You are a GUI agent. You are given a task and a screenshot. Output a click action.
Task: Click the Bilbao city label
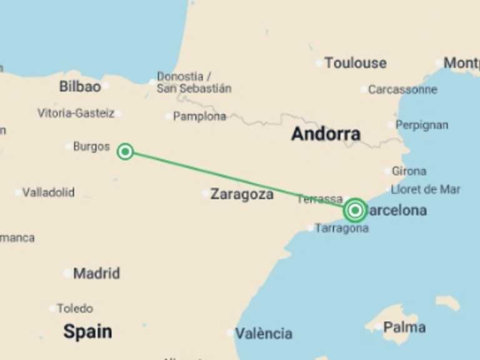[80, 87]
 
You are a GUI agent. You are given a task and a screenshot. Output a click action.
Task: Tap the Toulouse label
[355, 63]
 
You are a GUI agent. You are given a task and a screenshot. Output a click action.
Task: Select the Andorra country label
[326, 134]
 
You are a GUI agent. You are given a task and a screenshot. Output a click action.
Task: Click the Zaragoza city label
[242, 194]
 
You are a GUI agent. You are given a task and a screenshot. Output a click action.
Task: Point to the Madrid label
[96, 274]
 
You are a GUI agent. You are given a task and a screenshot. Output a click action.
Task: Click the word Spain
[87, 332]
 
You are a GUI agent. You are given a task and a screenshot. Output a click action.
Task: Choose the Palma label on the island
[404, 327]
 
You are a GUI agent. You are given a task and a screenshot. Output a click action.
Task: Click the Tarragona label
[342, 228]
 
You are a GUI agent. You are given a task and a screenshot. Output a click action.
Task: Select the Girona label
[409, 171]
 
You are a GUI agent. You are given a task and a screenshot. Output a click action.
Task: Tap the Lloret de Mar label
[425, 189]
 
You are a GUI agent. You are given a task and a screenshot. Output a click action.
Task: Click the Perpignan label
[422, 126]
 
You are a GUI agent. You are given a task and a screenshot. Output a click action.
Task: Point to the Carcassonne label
[402, 89]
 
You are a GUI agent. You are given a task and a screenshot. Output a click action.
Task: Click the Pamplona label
[199, 116]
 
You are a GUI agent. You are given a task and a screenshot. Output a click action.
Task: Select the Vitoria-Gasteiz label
[76, 114]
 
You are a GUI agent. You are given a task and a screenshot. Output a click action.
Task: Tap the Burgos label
[91, 147]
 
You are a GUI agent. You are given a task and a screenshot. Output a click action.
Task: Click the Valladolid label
[48, 192]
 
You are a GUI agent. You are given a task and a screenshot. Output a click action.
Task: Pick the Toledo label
[75, 308]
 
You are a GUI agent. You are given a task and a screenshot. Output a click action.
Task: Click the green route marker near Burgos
[125, 151]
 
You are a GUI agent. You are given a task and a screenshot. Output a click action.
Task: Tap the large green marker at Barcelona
[355, 211]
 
